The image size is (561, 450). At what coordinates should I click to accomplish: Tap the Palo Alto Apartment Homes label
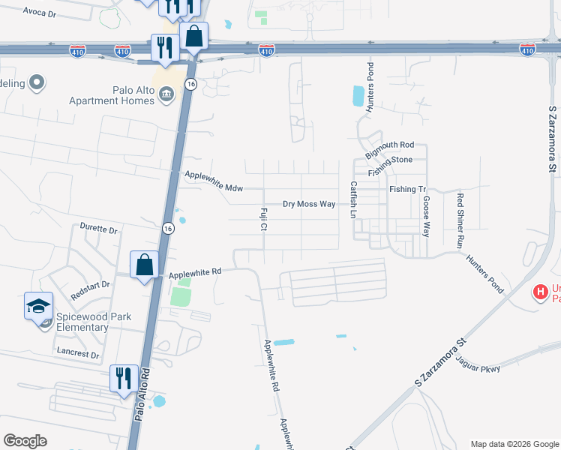pos(112,95)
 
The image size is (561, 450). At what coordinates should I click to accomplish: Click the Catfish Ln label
pos(352,198)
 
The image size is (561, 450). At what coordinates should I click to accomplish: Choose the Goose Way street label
pos(426,216)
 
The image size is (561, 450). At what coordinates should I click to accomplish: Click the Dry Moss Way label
pos(308,204)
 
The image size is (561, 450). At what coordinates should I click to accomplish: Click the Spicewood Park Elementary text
pos(72,322)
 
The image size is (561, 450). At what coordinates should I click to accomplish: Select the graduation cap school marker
pos(38,306)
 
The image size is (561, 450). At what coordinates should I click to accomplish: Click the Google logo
pos(25,441)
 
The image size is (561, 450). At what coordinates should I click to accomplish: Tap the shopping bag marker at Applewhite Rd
pos(144,265)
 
